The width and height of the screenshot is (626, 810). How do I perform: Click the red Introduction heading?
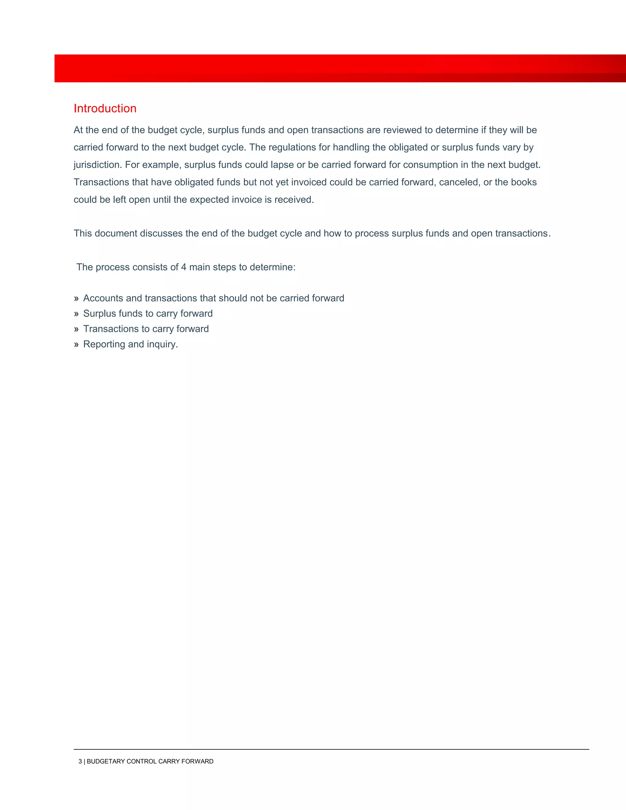click(x=105, y=108)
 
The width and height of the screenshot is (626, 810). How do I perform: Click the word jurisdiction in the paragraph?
click(x=97, y=165)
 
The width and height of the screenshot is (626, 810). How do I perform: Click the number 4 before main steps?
click(x=184, y=267)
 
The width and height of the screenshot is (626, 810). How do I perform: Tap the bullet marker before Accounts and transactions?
click(x=76, y=299)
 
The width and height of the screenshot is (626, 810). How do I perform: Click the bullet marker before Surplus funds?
click(x=76, y=314)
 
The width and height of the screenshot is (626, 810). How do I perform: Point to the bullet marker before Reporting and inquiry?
click(x=76, y=344)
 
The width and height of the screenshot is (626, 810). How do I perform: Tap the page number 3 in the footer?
click(x=80, y=761)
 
